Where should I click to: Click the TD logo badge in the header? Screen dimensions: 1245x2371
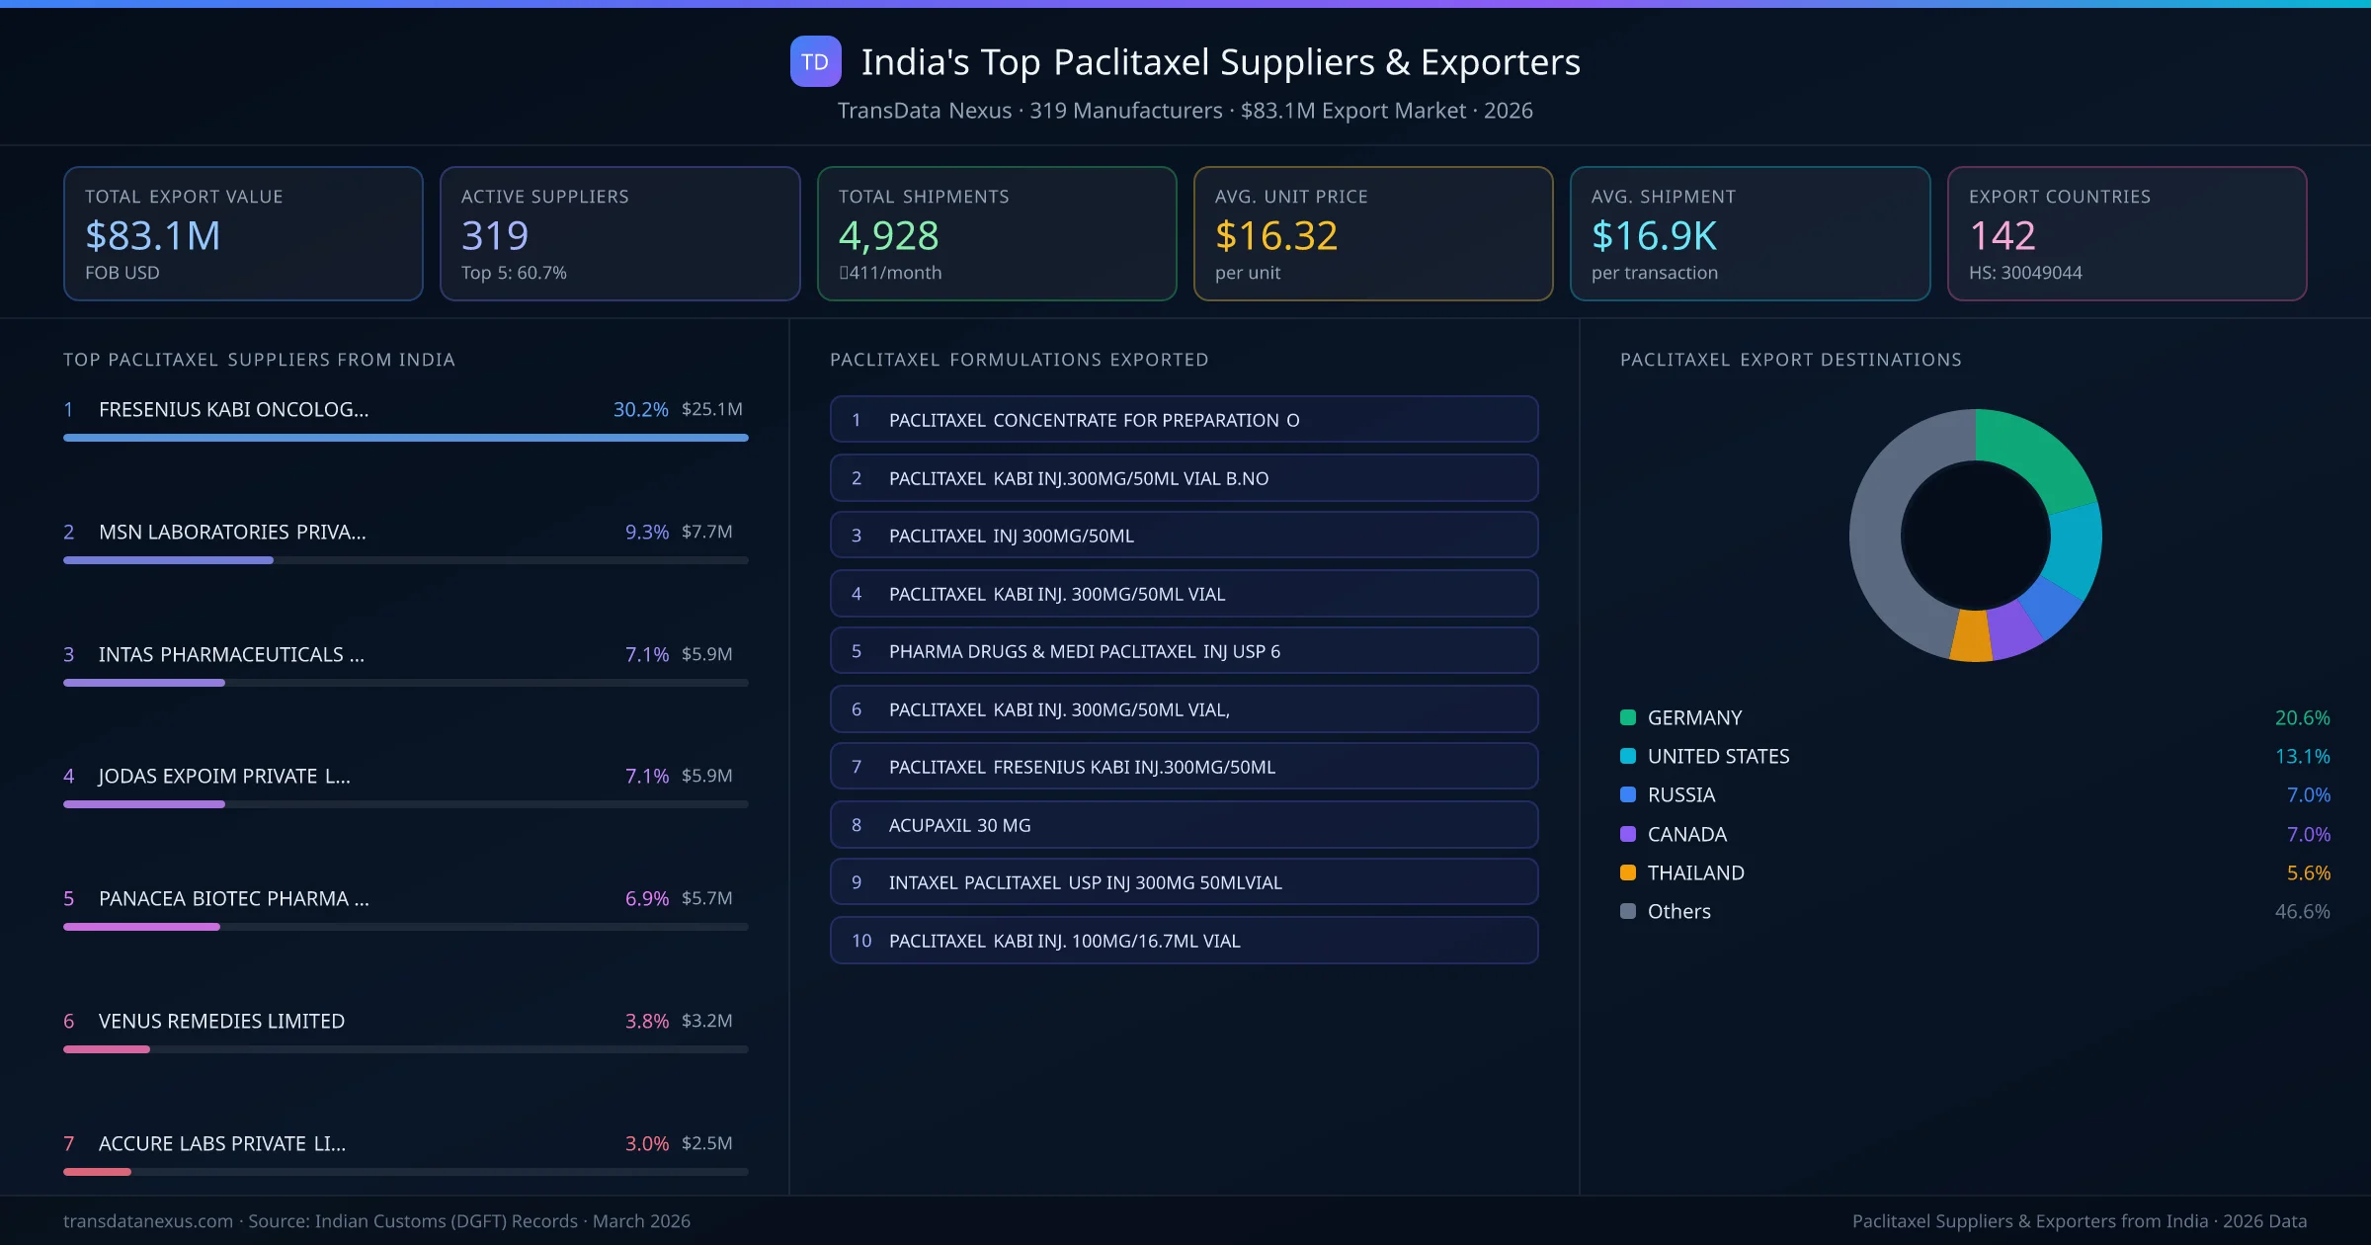coord(815,61)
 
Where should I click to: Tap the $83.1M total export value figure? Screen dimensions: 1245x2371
coord(153,235)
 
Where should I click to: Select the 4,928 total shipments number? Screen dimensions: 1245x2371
coord(888,235)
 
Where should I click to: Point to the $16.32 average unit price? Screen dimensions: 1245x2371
coord(1275,235)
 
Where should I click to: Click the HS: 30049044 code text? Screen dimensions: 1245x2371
coord(2024,273)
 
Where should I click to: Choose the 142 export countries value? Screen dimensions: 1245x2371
coord(2002,235)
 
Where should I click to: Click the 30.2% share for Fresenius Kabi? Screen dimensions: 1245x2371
coord(640,409)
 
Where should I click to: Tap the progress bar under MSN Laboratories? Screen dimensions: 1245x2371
coord(405,560)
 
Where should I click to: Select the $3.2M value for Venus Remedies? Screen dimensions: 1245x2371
coord(706,1021)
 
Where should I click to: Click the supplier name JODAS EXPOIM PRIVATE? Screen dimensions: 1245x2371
coord(224,776)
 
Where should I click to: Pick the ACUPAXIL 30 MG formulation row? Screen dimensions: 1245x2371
coord(1184,825)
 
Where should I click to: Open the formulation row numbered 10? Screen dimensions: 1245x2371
coord(1184,941)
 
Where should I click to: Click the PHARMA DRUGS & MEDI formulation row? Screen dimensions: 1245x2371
coord(1184,651)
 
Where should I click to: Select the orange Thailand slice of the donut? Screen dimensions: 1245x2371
coord(1972,636)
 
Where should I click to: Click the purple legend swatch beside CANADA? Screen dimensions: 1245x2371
coord(1628,834)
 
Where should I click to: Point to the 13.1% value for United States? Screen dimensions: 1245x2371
coord(2302,756)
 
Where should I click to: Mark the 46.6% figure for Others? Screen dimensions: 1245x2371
coord(2302,911)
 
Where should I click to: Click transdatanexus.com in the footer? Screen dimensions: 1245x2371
coord(148,1221)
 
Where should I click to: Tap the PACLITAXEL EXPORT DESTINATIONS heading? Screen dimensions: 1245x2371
coord(1790,360)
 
